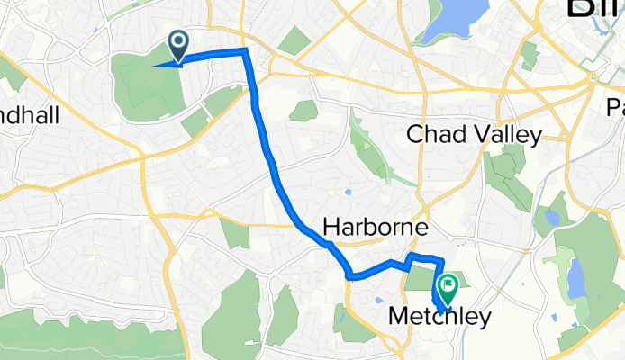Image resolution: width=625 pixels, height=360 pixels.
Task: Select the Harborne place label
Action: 376,229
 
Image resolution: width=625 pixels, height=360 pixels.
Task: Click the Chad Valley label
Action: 475,135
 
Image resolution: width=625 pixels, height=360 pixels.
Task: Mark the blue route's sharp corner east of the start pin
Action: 245,51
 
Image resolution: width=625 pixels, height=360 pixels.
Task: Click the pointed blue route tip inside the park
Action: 156,65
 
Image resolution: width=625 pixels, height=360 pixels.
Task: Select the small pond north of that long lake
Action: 551,217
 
